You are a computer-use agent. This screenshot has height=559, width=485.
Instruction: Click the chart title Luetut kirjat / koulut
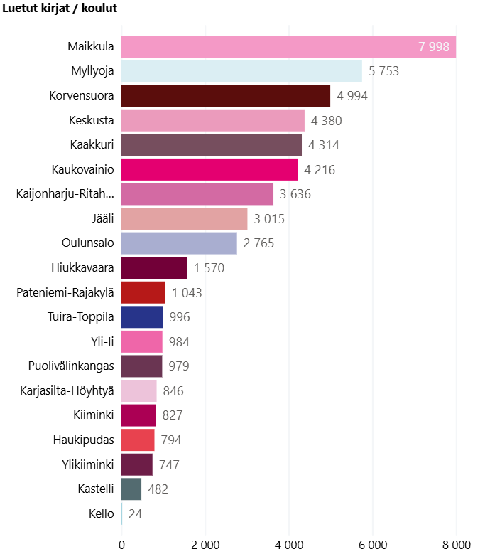(60, 9)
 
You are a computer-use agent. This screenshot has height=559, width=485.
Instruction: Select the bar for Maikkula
(288, 47)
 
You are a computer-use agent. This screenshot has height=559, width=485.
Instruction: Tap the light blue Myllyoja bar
(241, 71)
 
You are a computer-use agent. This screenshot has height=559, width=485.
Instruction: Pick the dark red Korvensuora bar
(226, 96)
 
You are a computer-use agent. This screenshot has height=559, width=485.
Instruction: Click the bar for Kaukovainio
(209, 169)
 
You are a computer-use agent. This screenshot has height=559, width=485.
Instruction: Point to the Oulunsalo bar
(179, 243)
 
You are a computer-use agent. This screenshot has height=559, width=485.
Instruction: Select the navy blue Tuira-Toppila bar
(142, 317)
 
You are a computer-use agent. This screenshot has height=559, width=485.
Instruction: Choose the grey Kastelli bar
(131, 489)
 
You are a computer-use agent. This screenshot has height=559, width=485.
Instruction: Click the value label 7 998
(434, 47)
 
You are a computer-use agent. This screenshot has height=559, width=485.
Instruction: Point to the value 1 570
(209, 268)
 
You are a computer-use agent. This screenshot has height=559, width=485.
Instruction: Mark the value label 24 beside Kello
(136, 514)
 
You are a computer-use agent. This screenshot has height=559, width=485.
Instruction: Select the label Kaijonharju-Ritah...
(65, 194)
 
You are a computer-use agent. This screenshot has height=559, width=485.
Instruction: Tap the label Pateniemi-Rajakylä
(65, 292)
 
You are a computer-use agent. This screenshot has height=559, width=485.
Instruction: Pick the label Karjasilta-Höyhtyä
(65, 391)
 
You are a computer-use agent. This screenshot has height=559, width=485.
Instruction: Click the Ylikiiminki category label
(88, 465)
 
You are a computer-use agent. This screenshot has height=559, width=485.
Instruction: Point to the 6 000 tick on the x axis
(373, 545)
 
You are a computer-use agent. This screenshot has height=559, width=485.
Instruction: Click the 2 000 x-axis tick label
(205, 545)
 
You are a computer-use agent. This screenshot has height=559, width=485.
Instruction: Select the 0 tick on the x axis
(121, 545)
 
